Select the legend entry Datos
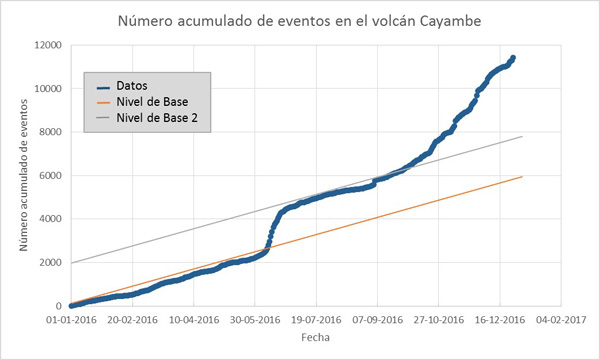pos(131,85)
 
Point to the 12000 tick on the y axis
pos(47,45)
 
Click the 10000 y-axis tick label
pos(47,89)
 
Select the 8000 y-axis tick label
pos(50,132)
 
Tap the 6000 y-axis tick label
pos(50,176)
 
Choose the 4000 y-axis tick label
pos(50,219)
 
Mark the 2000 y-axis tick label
pos(50,263)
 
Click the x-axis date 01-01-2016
pos(68,321)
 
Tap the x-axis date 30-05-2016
pos(254,321)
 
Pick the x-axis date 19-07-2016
pos(315,321)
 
